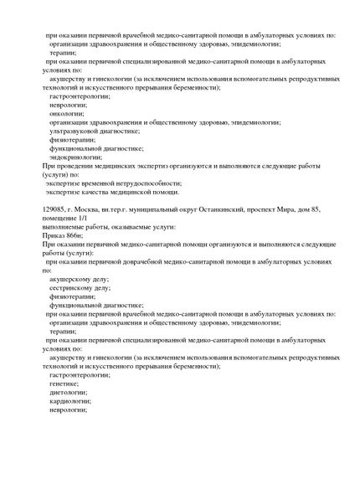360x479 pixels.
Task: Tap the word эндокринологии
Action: (x=75, y=157)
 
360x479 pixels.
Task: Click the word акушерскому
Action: (x=73, y=279)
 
